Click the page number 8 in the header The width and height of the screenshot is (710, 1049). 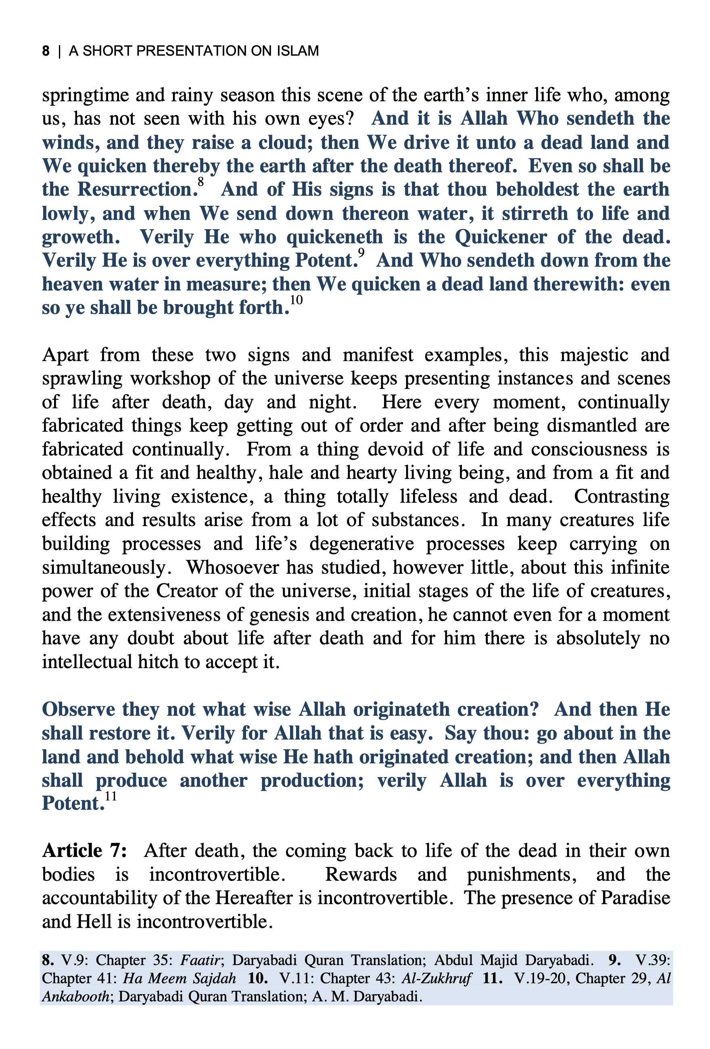[46, 50]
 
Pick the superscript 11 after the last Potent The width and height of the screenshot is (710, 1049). [111, 796]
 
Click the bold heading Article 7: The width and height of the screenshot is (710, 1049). [84, 851]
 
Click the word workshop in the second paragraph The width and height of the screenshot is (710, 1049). [170, 378]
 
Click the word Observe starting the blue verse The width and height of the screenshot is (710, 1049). [78, 710]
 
